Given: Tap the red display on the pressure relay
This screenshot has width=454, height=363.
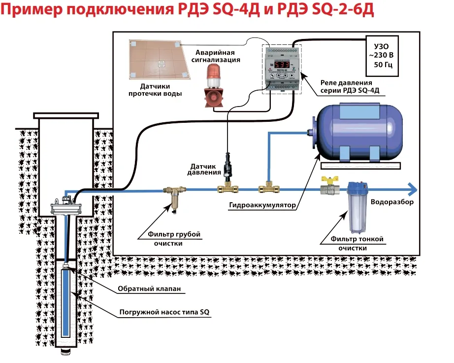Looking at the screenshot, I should (282, 65).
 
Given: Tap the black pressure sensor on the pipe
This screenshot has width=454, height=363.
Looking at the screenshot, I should (227, 168).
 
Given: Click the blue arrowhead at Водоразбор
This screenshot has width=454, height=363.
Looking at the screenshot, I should (411, 189).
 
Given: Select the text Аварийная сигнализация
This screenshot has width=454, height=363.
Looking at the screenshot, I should (215, 56).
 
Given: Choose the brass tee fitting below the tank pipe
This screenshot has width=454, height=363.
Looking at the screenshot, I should (267, 188).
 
